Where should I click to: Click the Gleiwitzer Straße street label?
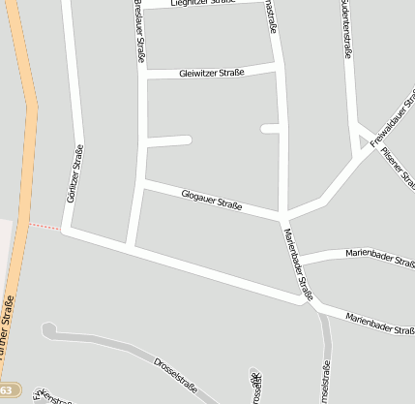(x=212, y=72)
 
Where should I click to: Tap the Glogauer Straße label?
(x=211, y=200)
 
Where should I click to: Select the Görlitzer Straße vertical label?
(x=74, y=173)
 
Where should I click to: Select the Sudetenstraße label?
(x=345, y=29)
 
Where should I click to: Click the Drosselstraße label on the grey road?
(x=174, y=377)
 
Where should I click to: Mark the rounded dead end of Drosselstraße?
(x=48, y=330)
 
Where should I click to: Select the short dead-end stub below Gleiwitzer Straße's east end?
(x=271, y=128)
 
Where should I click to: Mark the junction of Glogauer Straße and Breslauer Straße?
(x=142, y=182)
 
